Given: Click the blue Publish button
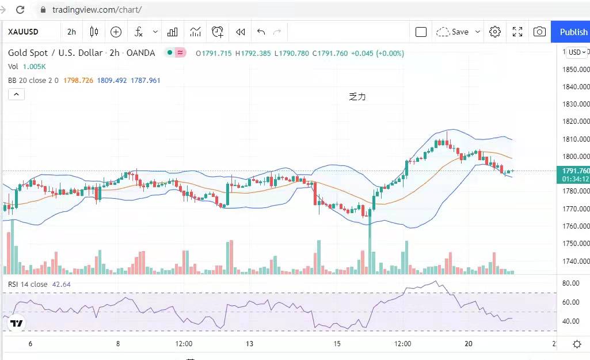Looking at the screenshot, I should [573, 32].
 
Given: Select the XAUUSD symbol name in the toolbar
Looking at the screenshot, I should [23, 32].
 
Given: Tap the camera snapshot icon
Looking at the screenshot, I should [539, 32].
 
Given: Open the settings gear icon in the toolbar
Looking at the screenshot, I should [495, 32].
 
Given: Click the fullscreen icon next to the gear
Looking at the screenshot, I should [517, 32].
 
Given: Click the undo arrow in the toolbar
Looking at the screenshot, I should [261, 32].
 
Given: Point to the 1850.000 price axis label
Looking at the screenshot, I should [576, 70].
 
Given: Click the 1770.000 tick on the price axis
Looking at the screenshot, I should [576, 209].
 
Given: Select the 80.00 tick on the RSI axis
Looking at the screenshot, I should [570, 283].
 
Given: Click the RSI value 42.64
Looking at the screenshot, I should [62, 285].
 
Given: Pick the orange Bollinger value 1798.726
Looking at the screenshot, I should [78, 81].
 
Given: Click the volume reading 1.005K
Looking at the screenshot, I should [34, 67].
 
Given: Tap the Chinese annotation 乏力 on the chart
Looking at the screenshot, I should [357, 97].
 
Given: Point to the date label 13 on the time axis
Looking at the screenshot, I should [249, 344].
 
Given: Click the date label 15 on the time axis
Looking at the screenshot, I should [337, 344].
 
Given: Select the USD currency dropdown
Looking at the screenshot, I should [577, 52].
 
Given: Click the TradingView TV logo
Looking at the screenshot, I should [17, 324].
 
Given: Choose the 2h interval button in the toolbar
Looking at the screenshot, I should [71, 32].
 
